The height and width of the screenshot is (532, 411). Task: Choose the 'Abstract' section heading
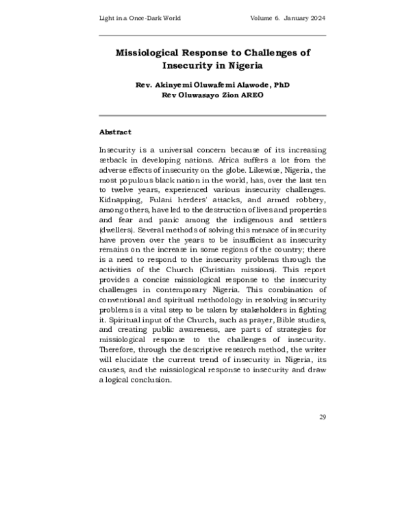[115, 131]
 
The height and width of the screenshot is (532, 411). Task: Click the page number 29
[321, 416]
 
